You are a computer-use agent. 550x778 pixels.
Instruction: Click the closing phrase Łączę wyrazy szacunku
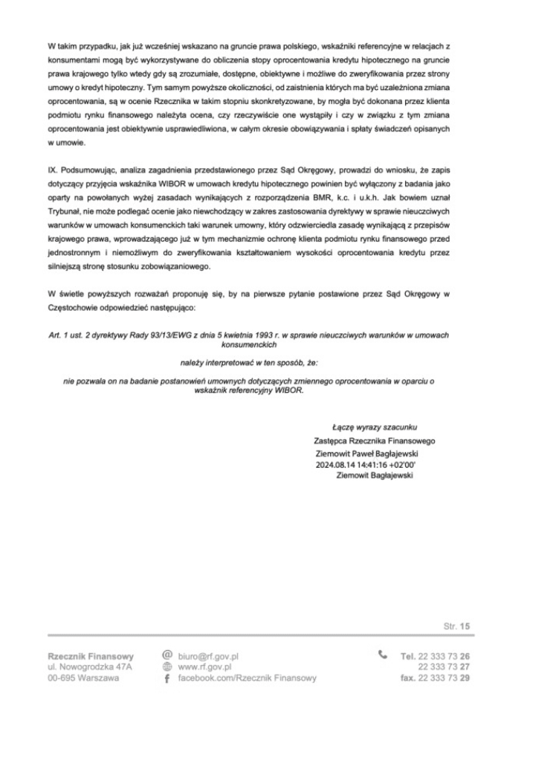tap(375, 427)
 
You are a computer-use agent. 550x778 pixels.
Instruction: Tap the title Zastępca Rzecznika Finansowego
tap(375, 440)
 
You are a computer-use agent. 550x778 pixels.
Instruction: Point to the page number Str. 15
tap(457, 627)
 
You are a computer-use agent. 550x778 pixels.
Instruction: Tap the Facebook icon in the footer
tap(168, 678)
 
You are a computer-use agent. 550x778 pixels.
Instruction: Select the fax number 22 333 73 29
tap(444, 678)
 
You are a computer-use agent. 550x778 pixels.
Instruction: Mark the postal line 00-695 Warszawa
tap(82, 678)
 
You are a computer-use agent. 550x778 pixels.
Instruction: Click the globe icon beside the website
tap(168, 666)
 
